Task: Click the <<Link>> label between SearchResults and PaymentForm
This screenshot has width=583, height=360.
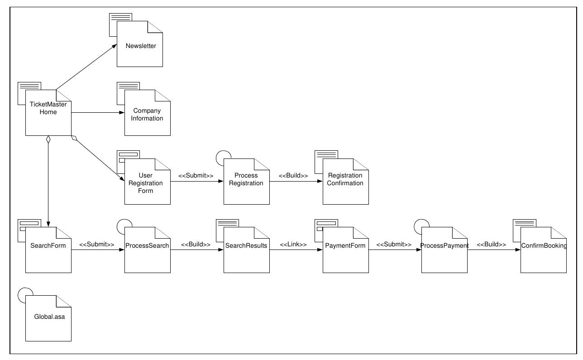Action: (x=293, y=245)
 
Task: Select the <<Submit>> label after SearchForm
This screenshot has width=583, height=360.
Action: (x=97, y=245)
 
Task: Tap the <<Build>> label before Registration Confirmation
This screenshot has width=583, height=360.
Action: (x=293, y=176)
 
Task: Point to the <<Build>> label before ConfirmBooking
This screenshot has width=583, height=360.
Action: (x=491, y=245)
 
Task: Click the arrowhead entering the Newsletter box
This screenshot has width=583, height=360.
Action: (x=115, y=45)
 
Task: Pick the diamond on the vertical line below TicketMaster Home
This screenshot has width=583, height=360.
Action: (x=48, y=140)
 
